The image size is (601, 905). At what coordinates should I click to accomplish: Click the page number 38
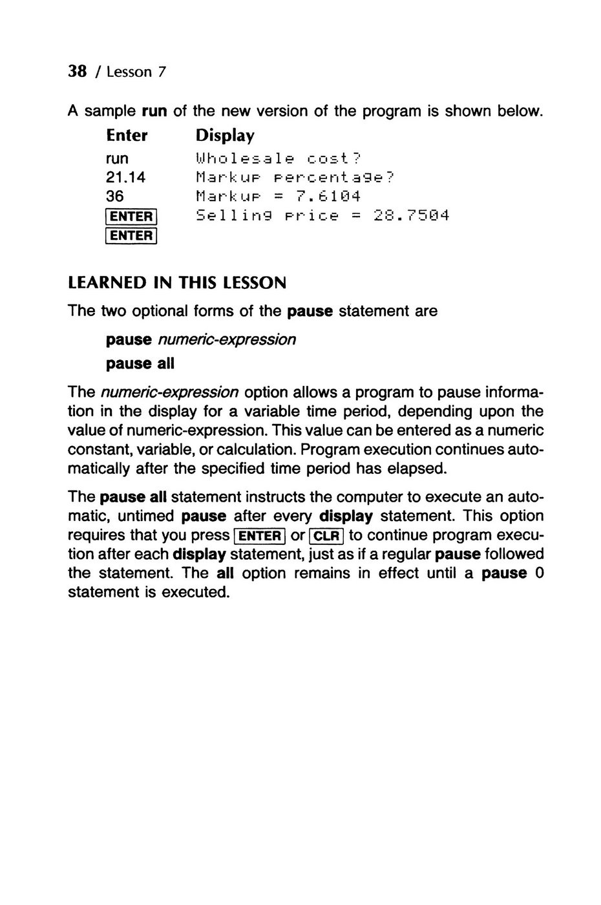(78, 71)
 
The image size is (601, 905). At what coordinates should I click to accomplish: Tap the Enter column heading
(127, 136)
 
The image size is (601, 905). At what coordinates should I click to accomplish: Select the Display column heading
(225, 136)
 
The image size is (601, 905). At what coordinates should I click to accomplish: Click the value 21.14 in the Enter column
(125, 177)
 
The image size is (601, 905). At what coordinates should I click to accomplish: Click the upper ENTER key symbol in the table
(131, 217)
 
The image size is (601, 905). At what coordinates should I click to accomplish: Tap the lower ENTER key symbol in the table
(131, 236)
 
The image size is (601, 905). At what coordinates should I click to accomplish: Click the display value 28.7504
(411, 215)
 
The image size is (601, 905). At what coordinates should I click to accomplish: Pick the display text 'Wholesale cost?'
(279, 158)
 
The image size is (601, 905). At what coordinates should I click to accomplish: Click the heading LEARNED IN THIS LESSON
(177, 283)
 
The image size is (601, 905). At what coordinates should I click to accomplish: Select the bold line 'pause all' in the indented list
(140, 363)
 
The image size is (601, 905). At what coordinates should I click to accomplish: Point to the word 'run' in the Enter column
(117, 158)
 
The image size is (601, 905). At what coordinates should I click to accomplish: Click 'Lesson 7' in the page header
(136, 72)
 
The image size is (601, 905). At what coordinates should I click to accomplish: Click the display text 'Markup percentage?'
(294, 177)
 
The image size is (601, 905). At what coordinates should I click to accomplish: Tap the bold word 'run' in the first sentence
(154, 111)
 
